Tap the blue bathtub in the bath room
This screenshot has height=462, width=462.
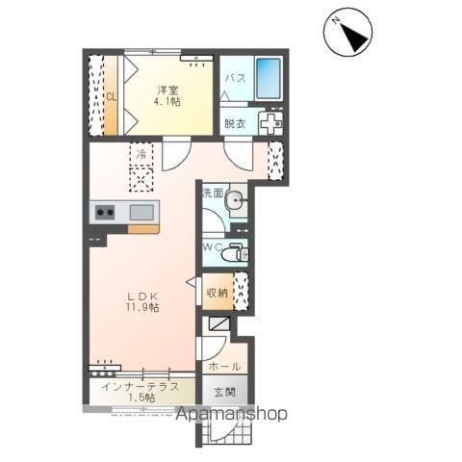(269, 79)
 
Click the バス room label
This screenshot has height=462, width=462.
(235, 78)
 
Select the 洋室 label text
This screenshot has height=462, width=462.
(167, 90)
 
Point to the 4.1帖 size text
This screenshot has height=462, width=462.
(167, 101)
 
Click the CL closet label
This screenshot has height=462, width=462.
(111, 97)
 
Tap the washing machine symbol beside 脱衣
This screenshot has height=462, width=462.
(270, 123)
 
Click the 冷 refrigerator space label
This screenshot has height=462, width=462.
(141, 154)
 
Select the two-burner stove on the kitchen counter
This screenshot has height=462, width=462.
(105, 212)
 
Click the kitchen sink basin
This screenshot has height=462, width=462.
(141, 212)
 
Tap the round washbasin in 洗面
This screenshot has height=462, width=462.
(236, 200)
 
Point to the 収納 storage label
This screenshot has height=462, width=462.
(218, 293)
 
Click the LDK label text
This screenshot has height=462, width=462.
(142, 295)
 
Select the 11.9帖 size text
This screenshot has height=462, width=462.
(142, 307)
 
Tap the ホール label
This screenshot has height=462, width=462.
(224, 366)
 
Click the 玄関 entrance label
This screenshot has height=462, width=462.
(225, 392)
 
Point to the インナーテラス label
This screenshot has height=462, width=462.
(141, 386)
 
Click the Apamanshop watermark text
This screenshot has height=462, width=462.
(232, 414)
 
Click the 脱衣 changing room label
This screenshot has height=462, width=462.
(235, 123)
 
